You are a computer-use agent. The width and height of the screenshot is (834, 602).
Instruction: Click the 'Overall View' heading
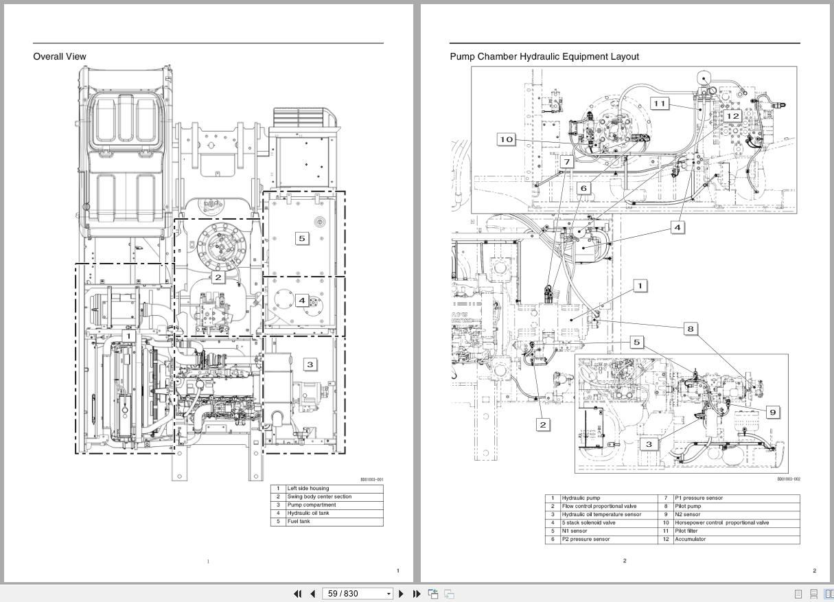(60, 56)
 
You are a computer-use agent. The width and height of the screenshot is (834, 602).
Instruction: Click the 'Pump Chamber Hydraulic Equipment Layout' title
(544, 56)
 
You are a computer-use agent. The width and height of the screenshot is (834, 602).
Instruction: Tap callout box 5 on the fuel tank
(301, 238)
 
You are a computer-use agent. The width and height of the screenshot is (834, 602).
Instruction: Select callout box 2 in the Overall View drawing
(218, 277)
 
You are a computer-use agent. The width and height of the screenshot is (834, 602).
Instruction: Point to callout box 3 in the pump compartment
(310, 364)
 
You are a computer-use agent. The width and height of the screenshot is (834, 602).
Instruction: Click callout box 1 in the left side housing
(128, 336)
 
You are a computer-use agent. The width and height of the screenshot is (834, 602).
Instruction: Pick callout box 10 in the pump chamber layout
(506, 139)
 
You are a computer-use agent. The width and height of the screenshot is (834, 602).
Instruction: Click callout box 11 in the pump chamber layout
(659, 104)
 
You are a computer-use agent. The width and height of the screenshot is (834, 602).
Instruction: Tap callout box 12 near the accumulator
(733, 116)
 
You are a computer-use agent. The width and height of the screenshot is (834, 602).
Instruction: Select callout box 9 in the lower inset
(773, 412)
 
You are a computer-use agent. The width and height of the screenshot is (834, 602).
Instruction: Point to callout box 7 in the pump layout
(566, 162)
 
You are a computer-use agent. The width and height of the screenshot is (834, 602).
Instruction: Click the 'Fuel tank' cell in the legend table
(299, 522)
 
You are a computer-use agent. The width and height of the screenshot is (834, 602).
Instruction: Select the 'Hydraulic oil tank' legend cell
(308, 513)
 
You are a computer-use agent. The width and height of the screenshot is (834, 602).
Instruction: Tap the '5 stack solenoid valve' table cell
(588, 523)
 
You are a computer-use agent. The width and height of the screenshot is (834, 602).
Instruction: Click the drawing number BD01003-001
(371, 480)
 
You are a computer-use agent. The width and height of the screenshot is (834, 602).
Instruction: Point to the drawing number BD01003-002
(788, 480)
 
